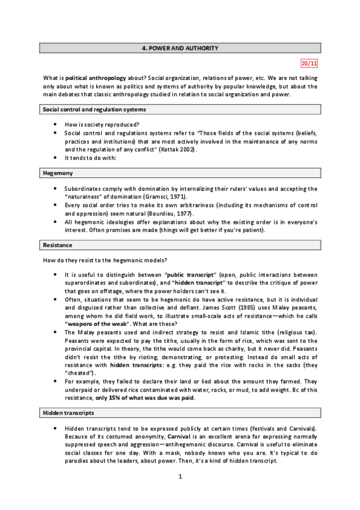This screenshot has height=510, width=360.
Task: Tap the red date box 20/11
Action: pyautogui.click(x=309, y=63)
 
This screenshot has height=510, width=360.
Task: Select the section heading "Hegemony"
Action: pyautogui.click(x=58, y=173)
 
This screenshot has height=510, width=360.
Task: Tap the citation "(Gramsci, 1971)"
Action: pyautogui.click(x=163, y=196)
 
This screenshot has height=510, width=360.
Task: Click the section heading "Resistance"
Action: pyautogui.click(x=58, y=245)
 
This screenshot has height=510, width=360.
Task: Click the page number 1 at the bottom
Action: pyautogui.click(x=180, y=494)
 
